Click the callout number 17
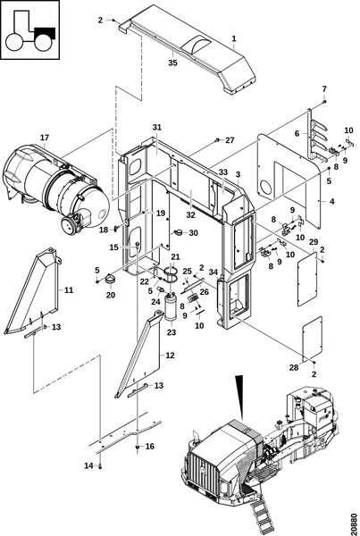click(x=45, y=138)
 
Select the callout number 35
click(x=173, y=63)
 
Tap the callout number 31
click(x=156, y=127)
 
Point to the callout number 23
click(x=172, y=332)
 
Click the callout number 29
click(x=314, y=242)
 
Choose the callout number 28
click(x=294, y=367)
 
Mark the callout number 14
click(x=89, y=465)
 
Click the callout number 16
click(x=150, y=446)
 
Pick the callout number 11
click(x=69, y=290)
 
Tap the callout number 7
click(x=324, y=88)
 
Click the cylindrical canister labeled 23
click(x=170, y=307)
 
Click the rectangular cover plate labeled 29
click(x=306, y=279)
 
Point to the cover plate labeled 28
click(x=313, y=339)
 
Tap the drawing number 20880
click(x=354, y=523)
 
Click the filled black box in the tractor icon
click(x=45, y=34)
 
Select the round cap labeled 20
click(x=110, y=279)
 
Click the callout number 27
click(x=230, y=140)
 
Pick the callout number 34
click(x=213, y=272)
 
